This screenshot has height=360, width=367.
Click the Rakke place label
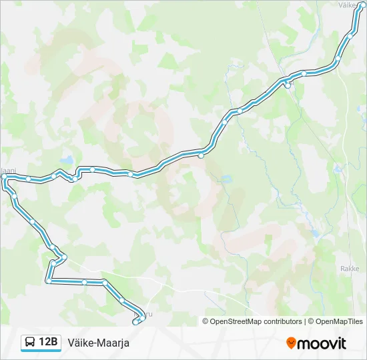coord(349,268)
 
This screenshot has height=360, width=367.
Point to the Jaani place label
coord(8,171)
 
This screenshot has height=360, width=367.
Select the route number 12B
coord(49,343)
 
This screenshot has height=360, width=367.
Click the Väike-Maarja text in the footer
coord(98,343)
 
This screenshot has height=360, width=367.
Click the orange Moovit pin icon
coord(291,343)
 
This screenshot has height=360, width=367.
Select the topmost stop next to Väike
coord(362,5)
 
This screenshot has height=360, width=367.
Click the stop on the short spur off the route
coord(287,85)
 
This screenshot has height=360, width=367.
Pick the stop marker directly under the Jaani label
coord(5,177)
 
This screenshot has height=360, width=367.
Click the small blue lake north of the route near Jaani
coord(67,161)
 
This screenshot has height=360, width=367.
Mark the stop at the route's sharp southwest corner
coord(49,281)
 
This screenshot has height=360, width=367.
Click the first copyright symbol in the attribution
coord(206,321)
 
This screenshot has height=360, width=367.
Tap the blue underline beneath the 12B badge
coord(41,351)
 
